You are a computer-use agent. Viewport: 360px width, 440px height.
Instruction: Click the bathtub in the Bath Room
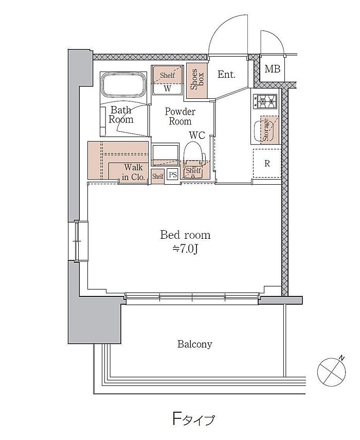123,85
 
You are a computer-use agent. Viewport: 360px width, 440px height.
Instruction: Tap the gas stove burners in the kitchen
265,101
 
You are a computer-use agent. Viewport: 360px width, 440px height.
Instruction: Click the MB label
272,69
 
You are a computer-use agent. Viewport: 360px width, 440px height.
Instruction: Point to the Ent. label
226,74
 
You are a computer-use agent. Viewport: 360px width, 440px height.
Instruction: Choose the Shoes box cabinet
196,81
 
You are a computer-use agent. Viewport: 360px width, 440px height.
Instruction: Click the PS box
173,175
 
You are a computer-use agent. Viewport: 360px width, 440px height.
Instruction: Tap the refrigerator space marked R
267,163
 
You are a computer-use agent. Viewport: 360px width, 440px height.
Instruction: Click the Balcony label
194,344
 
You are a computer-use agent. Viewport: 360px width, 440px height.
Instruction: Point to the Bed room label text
185,235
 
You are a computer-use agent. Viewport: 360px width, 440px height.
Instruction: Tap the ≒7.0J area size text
185,249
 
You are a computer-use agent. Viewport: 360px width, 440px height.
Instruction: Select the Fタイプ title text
193,419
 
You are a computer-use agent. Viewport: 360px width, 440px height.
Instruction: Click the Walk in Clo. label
134,172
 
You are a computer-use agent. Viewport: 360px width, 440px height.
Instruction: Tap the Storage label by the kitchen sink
265,130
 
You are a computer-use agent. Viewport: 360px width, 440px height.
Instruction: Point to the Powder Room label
179,116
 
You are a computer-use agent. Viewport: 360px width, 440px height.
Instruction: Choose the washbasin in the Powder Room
165,153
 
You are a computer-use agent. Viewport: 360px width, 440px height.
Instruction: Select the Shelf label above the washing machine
167,75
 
